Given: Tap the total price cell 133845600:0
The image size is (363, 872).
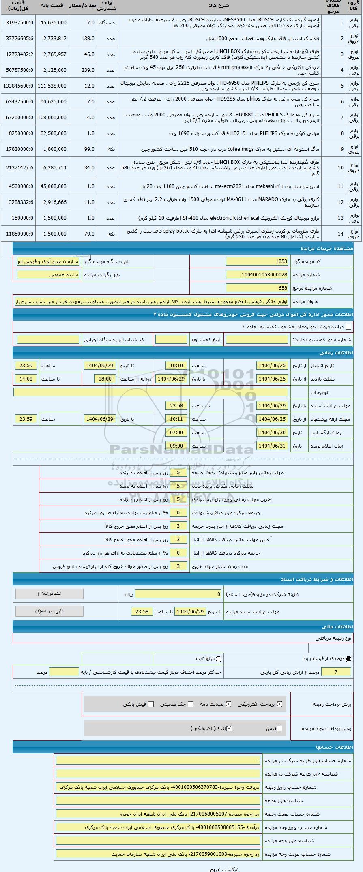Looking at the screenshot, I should pos(17,86).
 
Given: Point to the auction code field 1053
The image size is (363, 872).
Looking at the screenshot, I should pos(257,261).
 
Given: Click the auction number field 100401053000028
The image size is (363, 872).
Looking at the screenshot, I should pos(257,275).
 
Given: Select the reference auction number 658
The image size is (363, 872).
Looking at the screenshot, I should pos(257,288).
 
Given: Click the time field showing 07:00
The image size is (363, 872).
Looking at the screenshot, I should pos(176,433).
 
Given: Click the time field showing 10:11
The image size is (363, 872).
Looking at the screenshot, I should pos(176,419).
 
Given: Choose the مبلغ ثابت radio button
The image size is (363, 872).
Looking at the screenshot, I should pos(219,659).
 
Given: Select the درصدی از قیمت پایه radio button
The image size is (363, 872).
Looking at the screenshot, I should pos(349,659).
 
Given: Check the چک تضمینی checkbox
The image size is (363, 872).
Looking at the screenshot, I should pos(191,704).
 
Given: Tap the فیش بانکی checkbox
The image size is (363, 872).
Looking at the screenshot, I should pos(151,704).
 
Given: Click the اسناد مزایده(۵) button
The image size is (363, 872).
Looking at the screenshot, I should pos(49,594).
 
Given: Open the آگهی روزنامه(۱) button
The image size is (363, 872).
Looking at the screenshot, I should pos(49,611).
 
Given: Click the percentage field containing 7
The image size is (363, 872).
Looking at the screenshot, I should pos(335,672).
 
